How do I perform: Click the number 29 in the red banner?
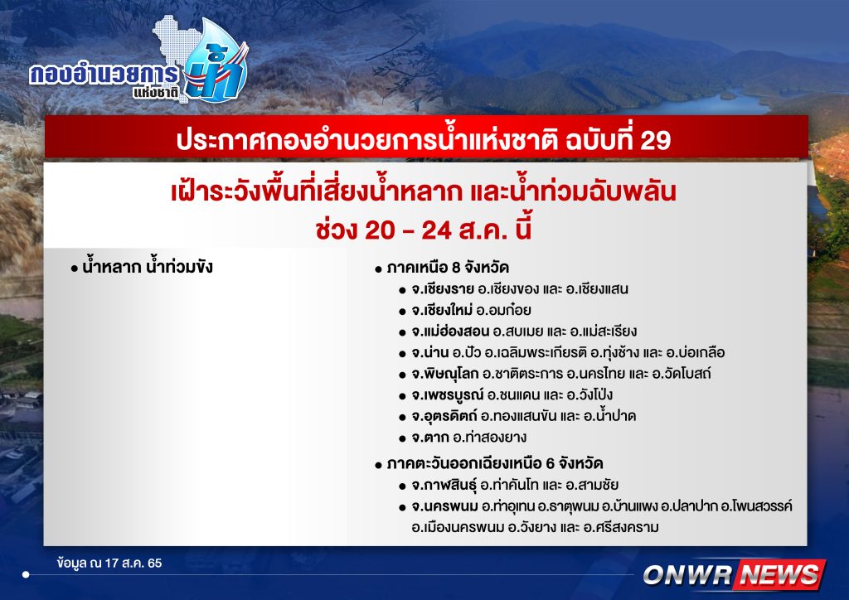655,140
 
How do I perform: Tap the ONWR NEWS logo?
734,574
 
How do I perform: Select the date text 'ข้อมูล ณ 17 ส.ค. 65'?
109,564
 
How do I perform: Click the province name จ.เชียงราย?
443,289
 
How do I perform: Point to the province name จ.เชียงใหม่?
442,310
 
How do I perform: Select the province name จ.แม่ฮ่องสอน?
450,331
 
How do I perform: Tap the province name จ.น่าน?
430,352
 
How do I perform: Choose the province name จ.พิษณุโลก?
445,374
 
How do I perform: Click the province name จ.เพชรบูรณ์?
447,395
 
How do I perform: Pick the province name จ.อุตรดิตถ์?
444,416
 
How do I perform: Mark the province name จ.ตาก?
430,437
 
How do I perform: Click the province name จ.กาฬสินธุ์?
444,485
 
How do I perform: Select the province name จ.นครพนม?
444,506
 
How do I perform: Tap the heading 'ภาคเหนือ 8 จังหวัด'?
448,268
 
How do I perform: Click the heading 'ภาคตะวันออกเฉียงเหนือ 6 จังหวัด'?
495,463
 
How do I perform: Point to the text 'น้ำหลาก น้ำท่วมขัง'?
148,267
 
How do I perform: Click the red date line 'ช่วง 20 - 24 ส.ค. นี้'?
424,230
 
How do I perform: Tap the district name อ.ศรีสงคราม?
621,528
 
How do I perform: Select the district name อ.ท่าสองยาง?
489,437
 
